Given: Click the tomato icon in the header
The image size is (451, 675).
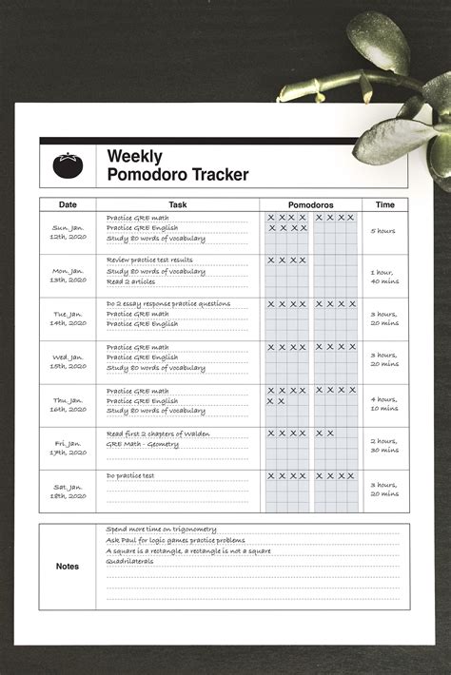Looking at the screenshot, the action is pos(69,166).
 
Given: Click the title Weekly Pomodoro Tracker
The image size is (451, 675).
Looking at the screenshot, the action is pos(178,165).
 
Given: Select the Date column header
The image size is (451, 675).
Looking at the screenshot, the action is pos(68,204).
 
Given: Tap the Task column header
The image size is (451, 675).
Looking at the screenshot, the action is pos(178,204).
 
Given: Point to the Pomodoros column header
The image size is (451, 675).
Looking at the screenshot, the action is pos(310,204).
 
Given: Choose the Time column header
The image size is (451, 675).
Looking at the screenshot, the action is pos(384,204).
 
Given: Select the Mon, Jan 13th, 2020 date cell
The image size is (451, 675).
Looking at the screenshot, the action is pos(69,276).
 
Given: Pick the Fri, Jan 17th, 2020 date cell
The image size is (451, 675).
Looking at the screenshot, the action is pos(69,448).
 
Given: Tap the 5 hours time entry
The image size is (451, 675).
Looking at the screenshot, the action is pos(384,231).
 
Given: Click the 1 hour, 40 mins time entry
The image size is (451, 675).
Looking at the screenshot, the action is pos(384,276).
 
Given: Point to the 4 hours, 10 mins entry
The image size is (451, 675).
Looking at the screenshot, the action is pos(384,404).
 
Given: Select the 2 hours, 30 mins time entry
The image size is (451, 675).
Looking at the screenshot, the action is pos(384,446).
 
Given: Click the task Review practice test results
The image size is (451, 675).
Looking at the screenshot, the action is pos(149,260).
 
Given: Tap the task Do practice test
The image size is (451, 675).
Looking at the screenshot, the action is pos(130,475).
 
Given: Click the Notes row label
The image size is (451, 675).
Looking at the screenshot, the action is pos(68,567).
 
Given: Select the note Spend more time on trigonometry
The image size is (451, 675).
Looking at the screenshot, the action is pos(162,530).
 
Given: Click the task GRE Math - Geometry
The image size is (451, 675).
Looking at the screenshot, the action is pos(143,444).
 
